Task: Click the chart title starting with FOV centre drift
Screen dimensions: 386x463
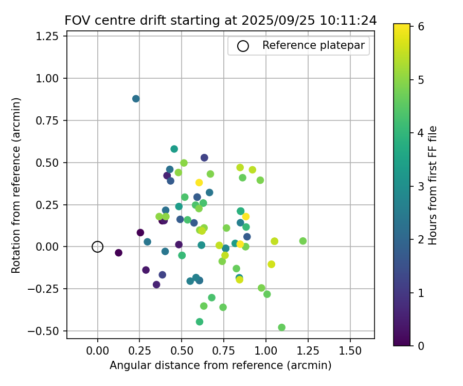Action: pos(221,21)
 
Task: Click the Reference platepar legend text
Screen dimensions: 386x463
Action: pos(313,45)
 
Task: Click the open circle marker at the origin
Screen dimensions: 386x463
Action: pos(98,247)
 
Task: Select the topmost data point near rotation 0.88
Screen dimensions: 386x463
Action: pos(136,99)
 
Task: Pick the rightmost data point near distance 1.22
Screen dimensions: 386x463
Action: pos(303,241)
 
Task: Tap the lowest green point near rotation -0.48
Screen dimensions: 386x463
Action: pos(282,327)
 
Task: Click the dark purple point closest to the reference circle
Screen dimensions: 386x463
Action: pos(119,253)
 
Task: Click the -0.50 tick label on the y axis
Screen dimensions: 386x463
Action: pos(46,331)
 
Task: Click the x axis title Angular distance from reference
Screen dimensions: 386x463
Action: pos(220,365)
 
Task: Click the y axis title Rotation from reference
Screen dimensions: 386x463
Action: pos(16,185)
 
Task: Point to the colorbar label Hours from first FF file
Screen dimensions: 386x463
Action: pos(433,185)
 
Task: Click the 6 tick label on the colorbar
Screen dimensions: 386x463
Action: pos(421,27)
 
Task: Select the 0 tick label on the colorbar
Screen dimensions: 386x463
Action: pos(421,345)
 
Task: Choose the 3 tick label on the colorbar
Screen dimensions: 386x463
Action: pos(421,186)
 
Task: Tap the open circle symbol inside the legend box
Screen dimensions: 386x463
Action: pos(243,46)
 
